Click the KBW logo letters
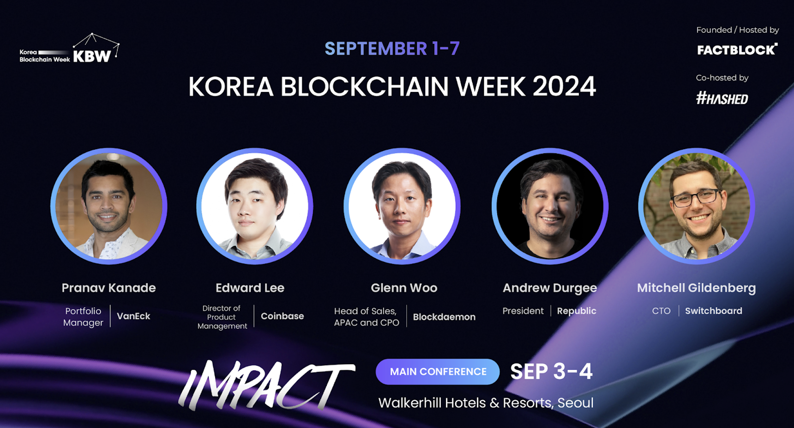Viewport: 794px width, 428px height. coord(92,56)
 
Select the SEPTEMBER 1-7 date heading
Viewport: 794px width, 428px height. coord(392,49)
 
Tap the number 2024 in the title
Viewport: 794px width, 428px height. coord(564,86)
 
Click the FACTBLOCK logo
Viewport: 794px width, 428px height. coord(737,50)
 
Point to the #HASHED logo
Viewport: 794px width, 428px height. coord(722,98)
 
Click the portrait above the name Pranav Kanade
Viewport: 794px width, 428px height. coord(109,206)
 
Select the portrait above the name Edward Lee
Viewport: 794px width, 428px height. coord(255,206)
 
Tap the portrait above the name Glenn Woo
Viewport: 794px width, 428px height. coord(402,206)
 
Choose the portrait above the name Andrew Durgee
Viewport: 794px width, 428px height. coord(550,206)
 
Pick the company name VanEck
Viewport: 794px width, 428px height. coord(133,316)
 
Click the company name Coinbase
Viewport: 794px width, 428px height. coord(282,316)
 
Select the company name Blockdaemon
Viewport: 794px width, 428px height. coord(444,317)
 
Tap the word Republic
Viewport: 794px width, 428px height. coord(576,311)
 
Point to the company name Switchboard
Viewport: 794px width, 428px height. coord(713,311)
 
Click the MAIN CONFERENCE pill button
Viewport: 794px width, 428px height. coord(438,372)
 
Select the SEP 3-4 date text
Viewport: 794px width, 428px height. coord(551,372)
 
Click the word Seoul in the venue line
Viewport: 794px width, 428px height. coord(575,403)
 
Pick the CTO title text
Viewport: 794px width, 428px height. coord(661,311)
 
